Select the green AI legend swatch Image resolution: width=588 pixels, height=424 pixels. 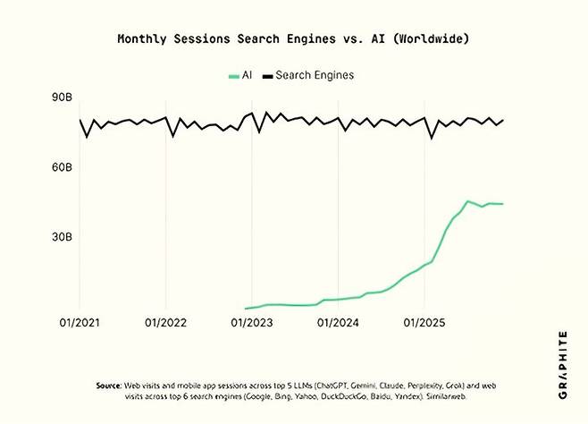tap(234, 75)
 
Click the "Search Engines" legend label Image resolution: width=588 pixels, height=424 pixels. tap(315, 75)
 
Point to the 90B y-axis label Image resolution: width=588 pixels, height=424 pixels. tap(61, 97)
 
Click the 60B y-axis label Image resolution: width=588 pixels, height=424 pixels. tap(61, 167)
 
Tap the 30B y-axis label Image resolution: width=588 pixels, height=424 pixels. tap(61, 237)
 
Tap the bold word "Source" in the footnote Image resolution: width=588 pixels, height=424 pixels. tap(108, 385)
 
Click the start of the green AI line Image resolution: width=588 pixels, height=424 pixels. tap(245, 309)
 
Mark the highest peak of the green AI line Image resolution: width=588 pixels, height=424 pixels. tap(467, 201)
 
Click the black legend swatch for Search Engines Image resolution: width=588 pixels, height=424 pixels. tap(265, 75)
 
